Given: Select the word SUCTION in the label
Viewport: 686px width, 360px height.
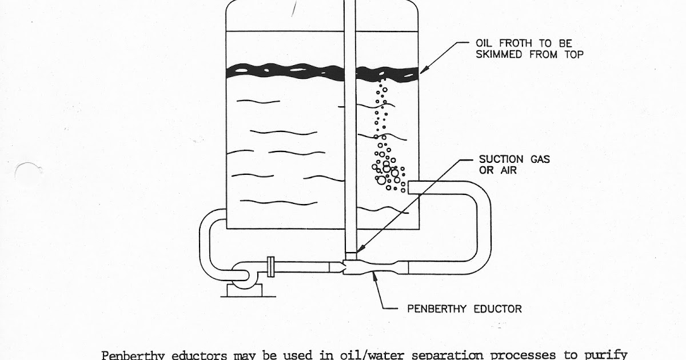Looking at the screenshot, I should [501, 159].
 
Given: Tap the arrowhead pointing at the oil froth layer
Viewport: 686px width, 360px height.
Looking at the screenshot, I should [424, 71].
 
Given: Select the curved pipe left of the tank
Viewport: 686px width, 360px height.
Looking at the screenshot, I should [208, 240].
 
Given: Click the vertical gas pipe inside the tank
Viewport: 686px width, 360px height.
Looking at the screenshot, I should [351, 143].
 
